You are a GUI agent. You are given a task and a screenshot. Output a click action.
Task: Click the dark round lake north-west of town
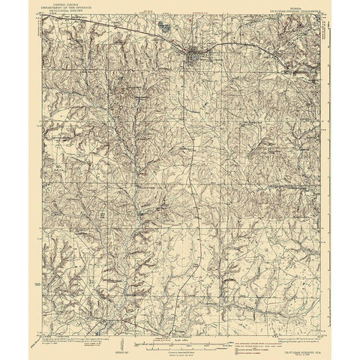coord(163,27)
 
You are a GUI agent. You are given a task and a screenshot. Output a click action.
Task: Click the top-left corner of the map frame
coord(43,16)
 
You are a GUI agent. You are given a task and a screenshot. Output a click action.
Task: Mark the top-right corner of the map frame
coord(318,16)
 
